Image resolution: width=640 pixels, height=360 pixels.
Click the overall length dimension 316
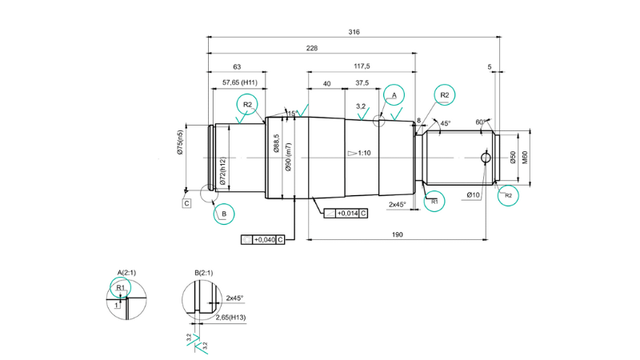[354, 32]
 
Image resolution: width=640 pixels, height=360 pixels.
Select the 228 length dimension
[311, 49]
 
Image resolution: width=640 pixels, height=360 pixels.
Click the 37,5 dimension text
[362, 83]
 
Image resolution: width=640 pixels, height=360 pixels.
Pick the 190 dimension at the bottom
[397, 234]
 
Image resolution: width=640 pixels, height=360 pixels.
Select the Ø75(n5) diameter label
[181, 146]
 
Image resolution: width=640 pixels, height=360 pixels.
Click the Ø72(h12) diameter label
[222, 172]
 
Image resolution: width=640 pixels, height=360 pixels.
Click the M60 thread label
[525, 157]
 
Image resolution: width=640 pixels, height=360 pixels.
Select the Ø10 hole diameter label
[473, 194]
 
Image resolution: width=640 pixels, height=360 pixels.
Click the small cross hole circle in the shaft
[485, 158]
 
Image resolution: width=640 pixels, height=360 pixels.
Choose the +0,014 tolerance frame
[346, 214]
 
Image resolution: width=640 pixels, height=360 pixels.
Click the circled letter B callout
[223, 214]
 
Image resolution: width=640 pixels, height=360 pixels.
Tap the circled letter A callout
[393, 95]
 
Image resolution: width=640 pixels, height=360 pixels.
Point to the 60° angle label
[481, 122]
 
